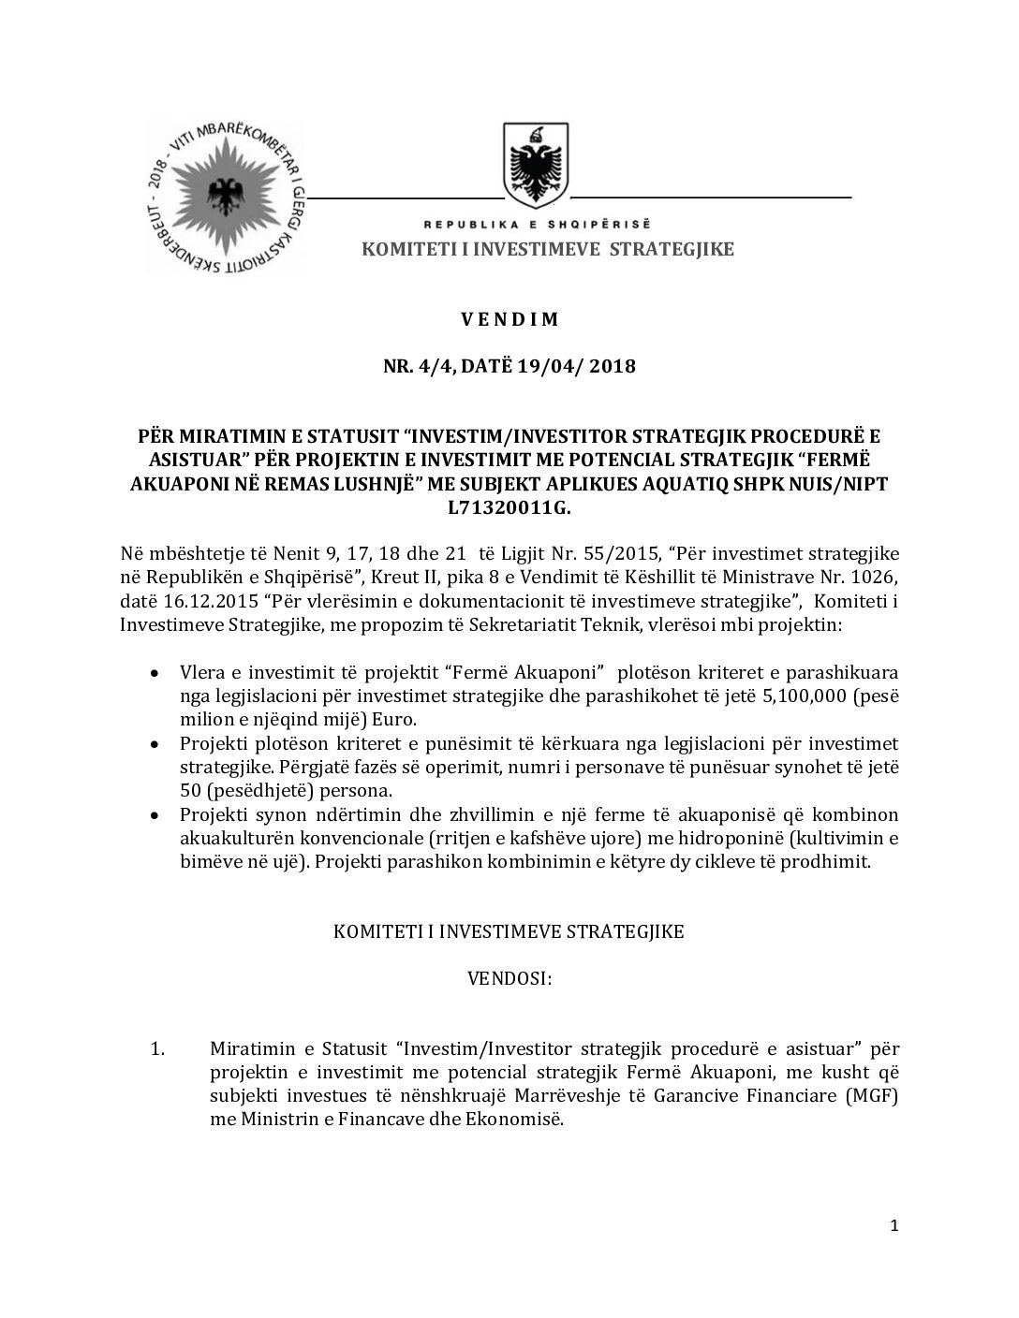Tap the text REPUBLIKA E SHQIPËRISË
point(538,225)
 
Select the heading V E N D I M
point(509,319)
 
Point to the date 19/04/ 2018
point(574,366)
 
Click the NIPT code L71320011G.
point(509,507)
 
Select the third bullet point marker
point(155,815)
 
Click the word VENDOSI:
point(509,978)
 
